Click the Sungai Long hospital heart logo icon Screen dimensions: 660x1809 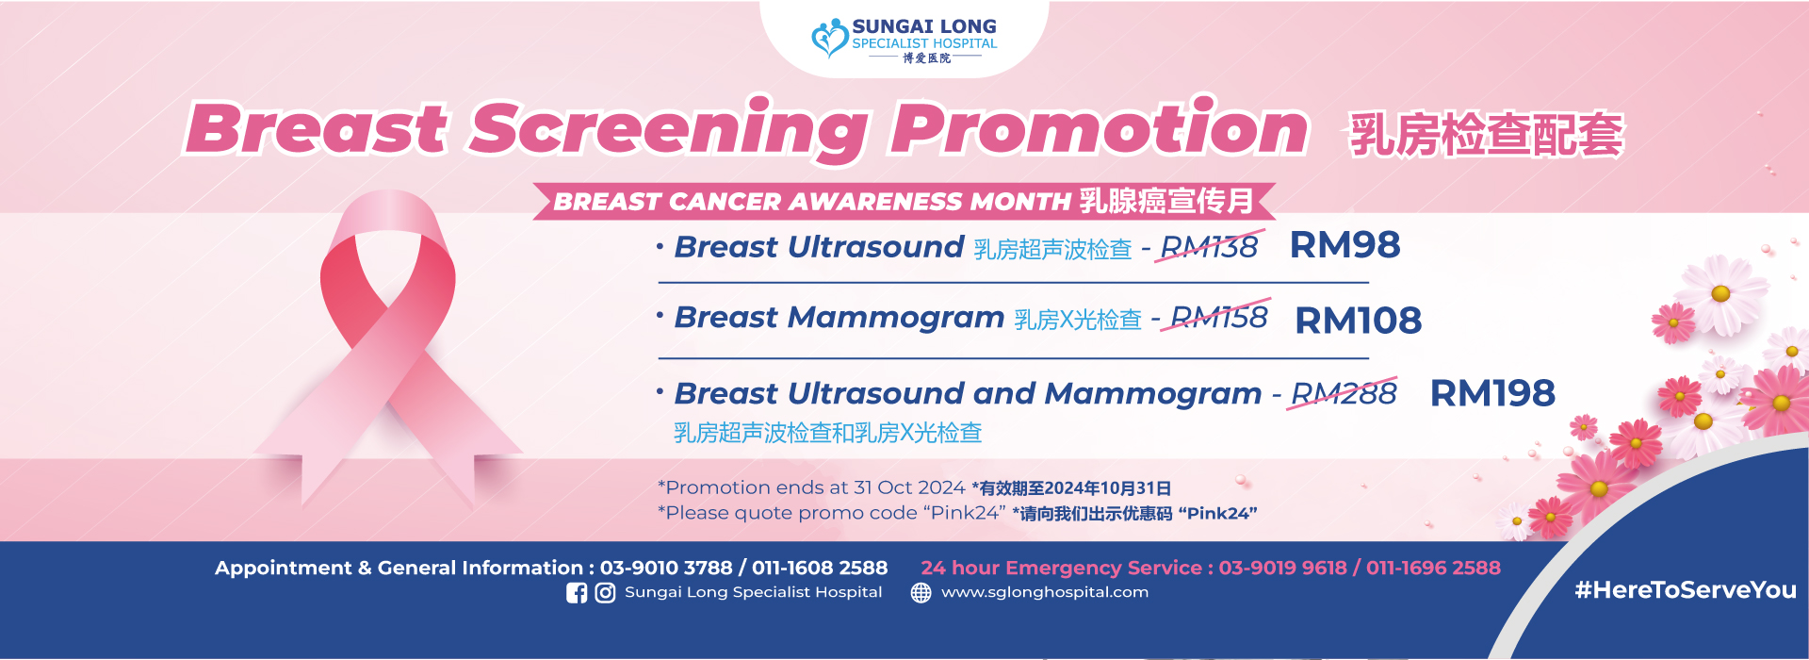click(829, 39)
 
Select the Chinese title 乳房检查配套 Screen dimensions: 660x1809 click(1487, 135)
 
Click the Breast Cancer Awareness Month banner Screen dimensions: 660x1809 click(904, 201)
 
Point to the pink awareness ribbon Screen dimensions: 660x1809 click(387, 339)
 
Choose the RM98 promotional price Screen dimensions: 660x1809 click(1345, 245)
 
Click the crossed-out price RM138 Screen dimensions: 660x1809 click(1209, 247)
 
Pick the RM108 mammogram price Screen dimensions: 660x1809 click(1358, 321)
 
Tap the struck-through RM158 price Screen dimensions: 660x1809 click(1218, 318)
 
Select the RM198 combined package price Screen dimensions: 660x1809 click(1492, 393)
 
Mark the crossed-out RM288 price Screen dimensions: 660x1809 click(1344, 393)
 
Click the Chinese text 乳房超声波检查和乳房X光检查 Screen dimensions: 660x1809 click(827, 433)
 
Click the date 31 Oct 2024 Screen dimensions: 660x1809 click(909, 487)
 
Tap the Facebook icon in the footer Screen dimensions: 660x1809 click(577, 593)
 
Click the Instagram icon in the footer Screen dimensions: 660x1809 click(605, 593)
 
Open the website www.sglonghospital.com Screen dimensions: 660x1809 click(1044, 592)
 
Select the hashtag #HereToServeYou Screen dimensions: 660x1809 click(1685, 590)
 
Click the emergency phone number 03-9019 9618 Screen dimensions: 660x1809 click(1282, 568)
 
